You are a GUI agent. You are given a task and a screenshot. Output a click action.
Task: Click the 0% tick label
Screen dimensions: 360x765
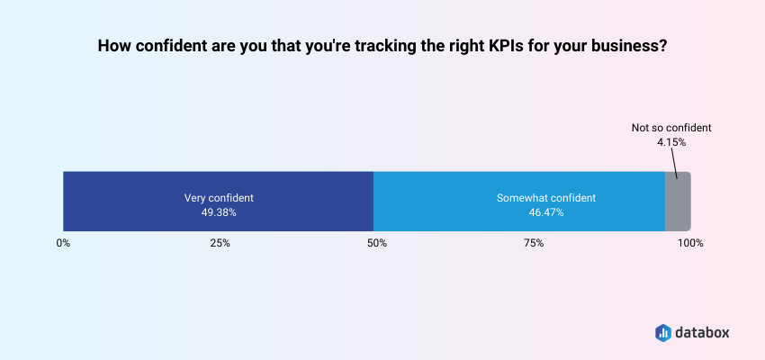point(63,243)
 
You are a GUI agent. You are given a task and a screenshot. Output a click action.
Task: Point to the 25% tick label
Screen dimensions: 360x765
point(220,243)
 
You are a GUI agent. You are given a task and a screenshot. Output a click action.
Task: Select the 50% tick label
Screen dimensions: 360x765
point(377,243)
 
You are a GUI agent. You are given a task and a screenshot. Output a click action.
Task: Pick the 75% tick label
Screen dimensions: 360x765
point(534,243)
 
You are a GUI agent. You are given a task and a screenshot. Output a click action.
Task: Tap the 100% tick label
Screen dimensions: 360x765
point(690,243)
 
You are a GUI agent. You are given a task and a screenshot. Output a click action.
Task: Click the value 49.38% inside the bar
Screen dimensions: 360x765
point(220,213)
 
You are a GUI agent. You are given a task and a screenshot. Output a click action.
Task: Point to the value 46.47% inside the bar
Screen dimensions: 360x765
point(546,213)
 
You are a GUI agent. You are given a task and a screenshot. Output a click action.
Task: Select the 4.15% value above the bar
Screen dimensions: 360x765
point(670,142)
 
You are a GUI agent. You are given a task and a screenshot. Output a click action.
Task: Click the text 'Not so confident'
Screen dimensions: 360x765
point(670,128)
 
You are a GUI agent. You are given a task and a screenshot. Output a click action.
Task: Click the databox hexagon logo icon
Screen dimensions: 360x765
point(662,332)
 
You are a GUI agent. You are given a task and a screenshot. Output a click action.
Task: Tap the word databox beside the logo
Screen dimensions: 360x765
point(704,332)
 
